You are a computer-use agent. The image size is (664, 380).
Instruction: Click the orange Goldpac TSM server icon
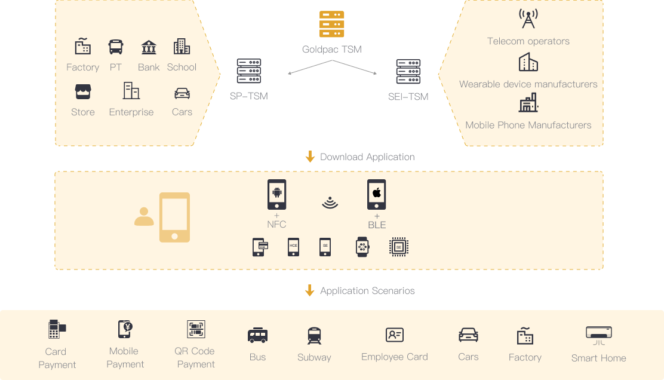[332, 24]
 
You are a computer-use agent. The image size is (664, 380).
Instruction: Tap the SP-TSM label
[248, 96]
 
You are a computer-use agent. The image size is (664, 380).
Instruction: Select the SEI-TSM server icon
[408, 72]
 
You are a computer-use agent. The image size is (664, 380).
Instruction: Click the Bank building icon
[149, 47]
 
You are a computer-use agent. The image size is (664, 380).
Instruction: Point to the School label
[182, 68]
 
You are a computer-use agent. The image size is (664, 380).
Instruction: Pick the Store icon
[83, 91]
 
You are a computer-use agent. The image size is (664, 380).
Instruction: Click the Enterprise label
[131, 112]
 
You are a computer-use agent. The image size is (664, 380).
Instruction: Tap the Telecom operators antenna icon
[528, 19]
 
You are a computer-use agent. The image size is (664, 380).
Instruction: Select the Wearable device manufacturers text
[528, 84]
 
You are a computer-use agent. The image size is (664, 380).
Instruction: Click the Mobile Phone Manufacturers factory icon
[528, 103]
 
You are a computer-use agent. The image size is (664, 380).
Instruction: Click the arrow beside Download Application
[310, 157]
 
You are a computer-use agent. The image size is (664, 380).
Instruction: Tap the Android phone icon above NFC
[276, 194]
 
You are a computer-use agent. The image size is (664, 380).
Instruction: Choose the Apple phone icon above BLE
[377, 194]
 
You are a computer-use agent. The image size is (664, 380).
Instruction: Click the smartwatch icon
[362, 247]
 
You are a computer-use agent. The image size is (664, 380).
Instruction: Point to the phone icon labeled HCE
[293, 247]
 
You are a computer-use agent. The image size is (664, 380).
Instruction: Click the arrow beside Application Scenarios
[310, 290]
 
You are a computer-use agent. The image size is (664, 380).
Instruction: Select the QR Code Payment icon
[196, 330]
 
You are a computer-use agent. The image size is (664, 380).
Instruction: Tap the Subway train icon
[314, 336]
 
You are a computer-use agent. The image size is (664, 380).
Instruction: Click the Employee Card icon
[395, 335]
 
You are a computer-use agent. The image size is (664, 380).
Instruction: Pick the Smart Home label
[598, 358]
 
